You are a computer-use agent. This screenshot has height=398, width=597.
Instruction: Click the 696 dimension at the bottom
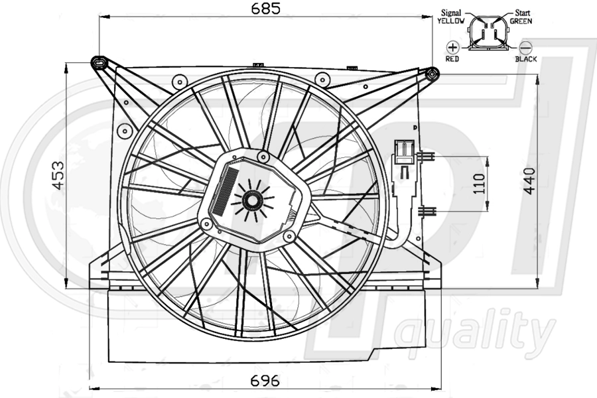coord(265,381)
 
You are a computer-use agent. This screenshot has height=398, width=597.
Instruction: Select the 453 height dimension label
coord(58,174)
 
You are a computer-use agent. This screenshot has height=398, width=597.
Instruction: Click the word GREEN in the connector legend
coord(522,21)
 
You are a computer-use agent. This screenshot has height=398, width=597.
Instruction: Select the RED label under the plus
coord(452,59)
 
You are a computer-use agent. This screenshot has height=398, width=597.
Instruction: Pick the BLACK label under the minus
coord(526,59)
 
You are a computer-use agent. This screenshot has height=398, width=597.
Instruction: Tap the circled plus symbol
coord(453,47)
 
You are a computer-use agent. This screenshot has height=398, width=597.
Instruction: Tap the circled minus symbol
coord(525,47)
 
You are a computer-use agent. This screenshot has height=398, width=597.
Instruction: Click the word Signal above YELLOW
coord(451,13)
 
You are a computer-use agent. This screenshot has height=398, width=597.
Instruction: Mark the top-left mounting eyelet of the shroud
coord(99,63)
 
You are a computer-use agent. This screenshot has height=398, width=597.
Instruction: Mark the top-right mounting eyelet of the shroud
coord(432,73)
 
